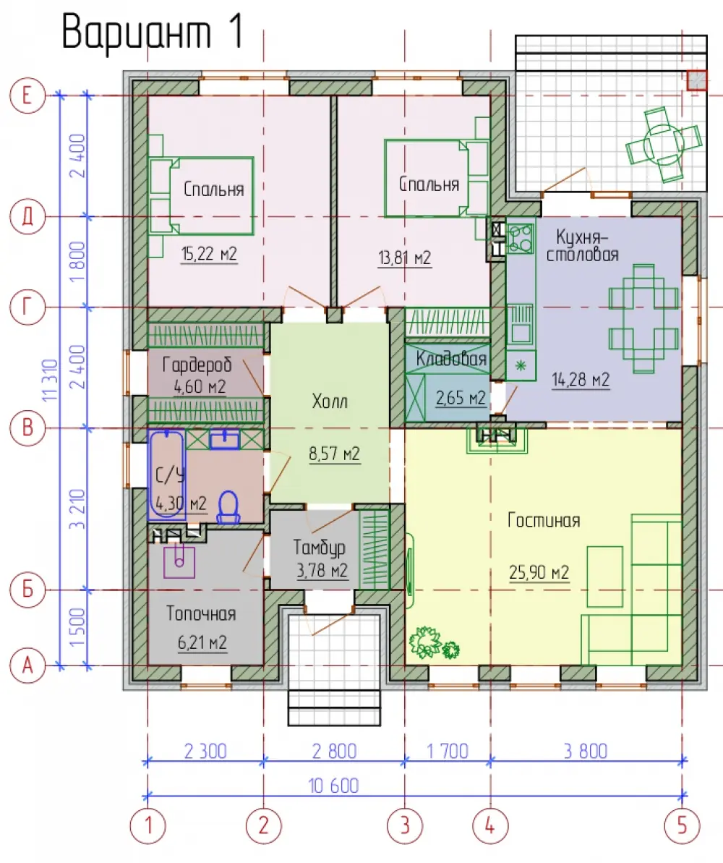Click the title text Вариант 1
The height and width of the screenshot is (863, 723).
click(x=153, y=32)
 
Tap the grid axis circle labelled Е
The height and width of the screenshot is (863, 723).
click(x=27, y=96)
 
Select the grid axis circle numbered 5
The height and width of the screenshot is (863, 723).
click(x=683, y=825)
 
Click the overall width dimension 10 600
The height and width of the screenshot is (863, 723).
click(x=333, y=786)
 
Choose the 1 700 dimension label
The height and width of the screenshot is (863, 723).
click(x=448, y=751)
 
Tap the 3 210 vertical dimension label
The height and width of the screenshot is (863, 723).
click(x=77, y=509)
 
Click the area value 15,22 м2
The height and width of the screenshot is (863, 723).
click(x=209, y=255)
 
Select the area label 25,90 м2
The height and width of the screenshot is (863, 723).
click(x=539, y=572)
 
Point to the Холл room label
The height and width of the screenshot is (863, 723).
click(x=330, y=401)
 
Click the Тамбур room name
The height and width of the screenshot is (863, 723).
click(x=320, y=548)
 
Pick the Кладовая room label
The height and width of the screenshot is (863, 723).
click(x=451, y=359)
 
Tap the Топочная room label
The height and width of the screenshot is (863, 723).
click(x=202, y=613)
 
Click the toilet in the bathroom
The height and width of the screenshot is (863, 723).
click(x=228, y=507)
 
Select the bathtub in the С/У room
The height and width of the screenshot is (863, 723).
click(x=167, y=474)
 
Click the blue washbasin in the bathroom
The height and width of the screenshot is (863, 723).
click(x=224, y=439)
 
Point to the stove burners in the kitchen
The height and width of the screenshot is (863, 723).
click(x=521, y=237)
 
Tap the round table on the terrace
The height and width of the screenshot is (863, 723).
click(x=664, y=144)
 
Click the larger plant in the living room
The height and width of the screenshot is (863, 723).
click(x=425, y=642)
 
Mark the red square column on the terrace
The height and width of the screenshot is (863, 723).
click(x=696, y=80)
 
